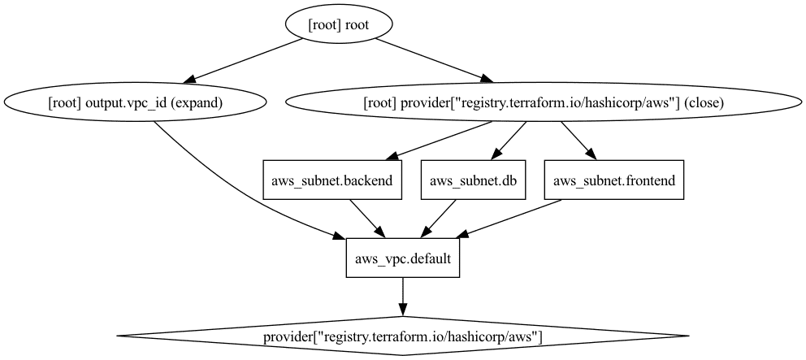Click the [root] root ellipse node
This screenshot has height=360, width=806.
(339, 25)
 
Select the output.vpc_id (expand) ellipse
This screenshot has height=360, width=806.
(136, 103)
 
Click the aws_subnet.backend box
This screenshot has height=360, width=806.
(333, 180)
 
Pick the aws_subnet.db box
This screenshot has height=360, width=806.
(474, 180)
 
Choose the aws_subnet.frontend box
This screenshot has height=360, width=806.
(614, 180)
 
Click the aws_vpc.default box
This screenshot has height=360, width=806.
(403, 258)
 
